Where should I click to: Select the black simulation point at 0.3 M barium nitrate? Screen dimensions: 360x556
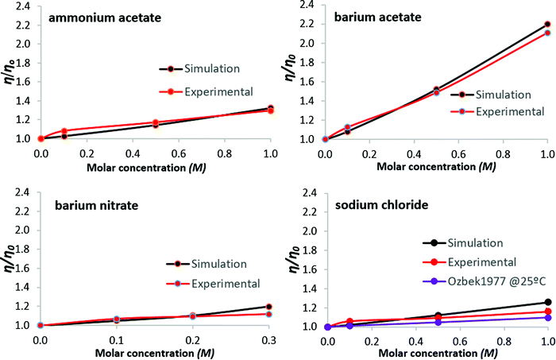[269, 307]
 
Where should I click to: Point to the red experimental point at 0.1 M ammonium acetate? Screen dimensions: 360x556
[64, 131]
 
